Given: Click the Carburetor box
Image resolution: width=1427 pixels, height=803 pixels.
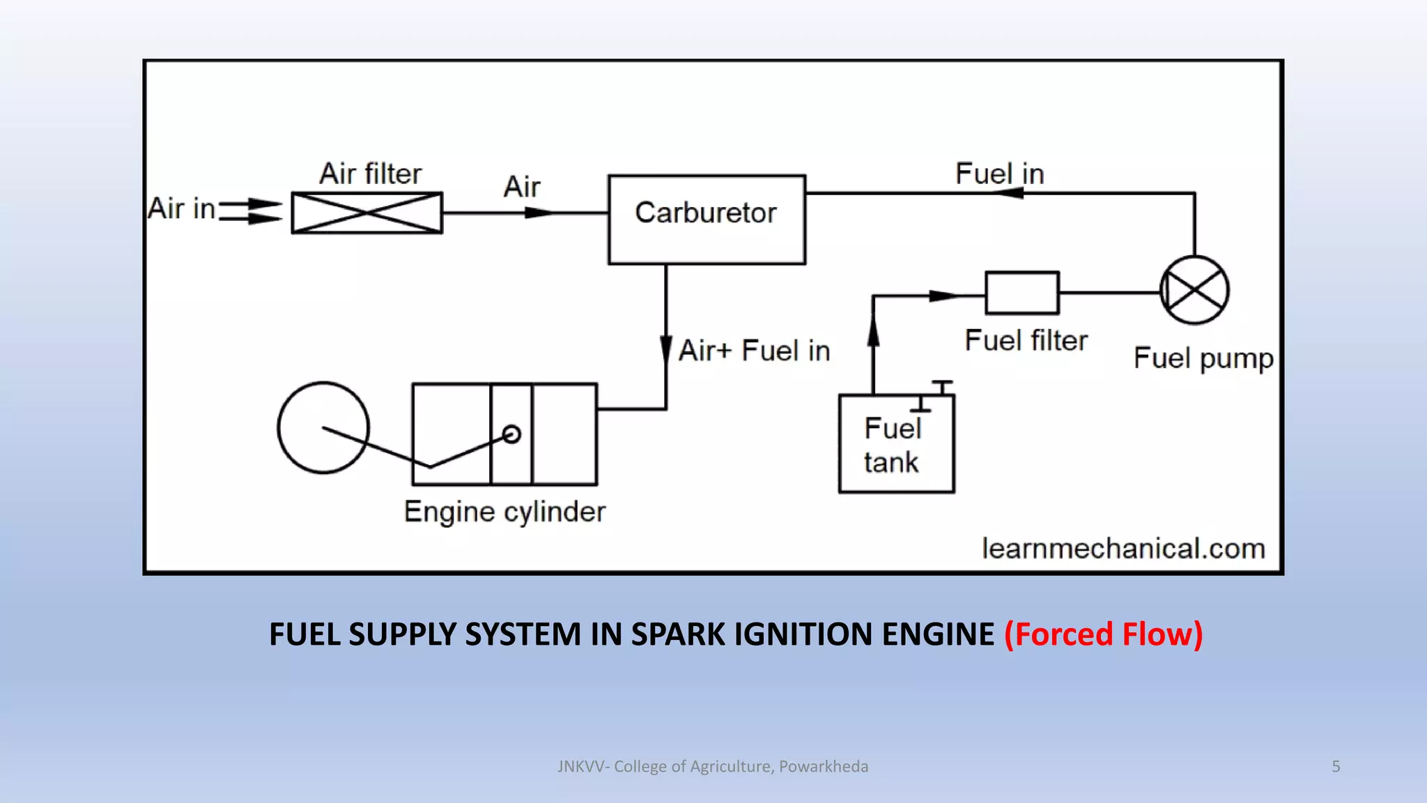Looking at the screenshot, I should (707, 219).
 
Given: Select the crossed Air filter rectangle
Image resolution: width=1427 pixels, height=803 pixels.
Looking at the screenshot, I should (367, 213).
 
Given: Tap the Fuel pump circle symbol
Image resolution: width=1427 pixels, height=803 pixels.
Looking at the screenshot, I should (1194, 290).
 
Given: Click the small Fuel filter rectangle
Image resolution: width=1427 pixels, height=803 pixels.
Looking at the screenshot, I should (1021, 293).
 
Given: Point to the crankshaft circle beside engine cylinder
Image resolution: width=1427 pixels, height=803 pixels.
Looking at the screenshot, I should (323, 427).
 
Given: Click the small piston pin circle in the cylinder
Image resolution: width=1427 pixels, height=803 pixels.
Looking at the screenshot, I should (511, 434).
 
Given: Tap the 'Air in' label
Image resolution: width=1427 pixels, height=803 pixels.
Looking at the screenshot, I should (181, 208).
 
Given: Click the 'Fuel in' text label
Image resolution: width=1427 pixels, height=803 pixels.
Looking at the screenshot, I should (999, 174).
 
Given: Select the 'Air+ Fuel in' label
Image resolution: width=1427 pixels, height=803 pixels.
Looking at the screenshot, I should (754, 351).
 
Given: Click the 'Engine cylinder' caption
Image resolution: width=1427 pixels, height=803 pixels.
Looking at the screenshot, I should (504, 512).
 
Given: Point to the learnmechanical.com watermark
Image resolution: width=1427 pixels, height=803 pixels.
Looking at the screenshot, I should (1123, 549).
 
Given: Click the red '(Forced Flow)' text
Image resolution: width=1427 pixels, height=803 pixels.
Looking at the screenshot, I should (1103, 634).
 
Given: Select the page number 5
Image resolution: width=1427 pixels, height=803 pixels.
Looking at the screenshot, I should (1336, 766).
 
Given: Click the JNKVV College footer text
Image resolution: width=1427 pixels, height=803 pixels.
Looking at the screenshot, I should (713, 766).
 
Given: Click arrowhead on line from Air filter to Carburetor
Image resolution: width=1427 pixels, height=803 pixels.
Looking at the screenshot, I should (538, 213).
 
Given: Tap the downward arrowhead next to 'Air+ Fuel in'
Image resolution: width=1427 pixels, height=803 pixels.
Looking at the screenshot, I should (666, 349).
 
